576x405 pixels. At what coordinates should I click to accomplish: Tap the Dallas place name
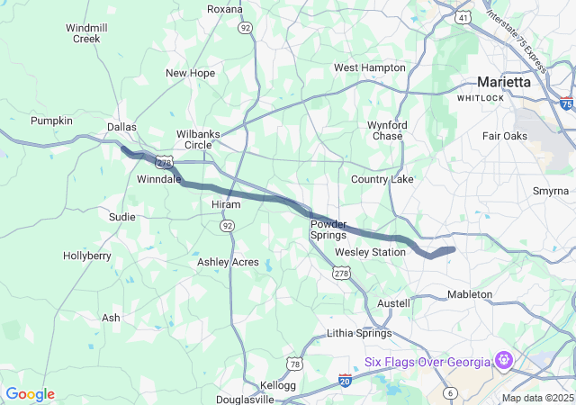coord(121,128)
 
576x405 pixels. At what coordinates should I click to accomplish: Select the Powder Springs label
coord(328,229)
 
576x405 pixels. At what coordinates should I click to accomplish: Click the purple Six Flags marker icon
coord(504,361)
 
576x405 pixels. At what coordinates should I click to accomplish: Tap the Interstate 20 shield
coord(346,381)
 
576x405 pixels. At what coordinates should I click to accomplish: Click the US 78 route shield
coord(295,364)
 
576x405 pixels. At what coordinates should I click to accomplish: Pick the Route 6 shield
coord(451,393)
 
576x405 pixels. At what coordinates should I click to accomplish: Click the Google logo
coord(30,394)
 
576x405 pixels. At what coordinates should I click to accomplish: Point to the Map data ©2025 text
coord(536,398)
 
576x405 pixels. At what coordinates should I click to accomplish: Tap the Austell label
coord(393,303)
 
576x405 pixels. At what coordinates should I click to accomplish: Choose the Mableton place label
coord(470,294)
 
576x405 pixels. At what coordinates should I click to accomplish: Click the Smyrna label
coord(550,192)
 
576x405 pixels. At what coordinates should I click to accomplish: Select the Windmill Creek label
coord(86,33)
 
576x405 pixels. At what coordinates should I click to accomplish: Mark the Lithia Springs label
coord(358,333)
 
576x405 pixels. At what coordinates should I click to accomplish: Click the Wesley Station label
coord(370,252)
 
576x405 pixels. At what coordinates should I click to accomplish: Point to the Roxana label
coord(225,9)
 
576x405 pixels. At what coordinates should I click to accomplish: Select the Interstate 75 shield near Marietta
coord(566,104)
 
